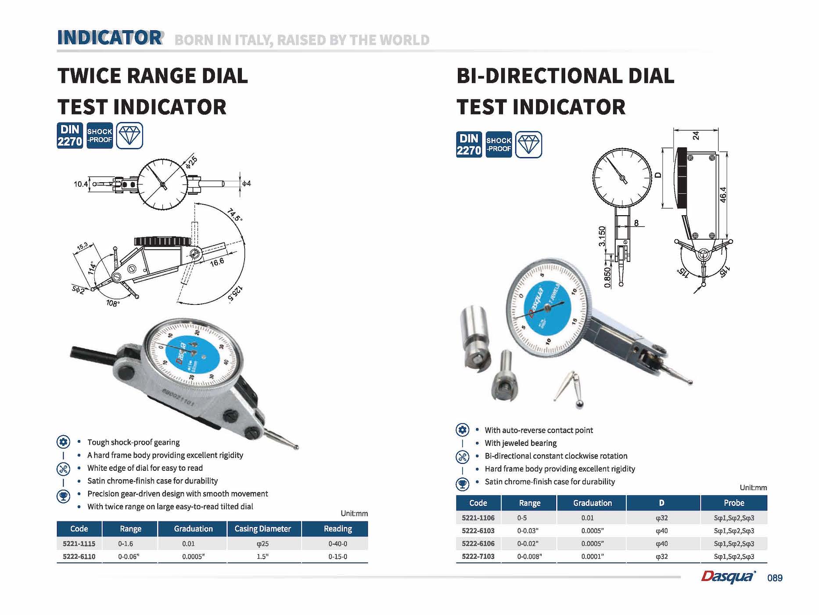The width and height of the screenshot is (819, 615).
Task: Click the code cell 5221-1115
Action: (79, 543)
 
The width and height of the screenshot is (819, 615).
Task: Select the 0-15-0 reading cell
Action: (338, 557)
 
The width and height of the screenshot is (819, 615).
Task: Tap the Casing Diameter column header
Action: (262, 529)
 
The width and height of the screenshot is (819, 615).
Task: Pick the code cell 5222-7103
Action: (478, 557)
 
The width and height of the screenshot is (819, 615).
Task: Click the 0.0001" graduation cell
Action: (592, 557)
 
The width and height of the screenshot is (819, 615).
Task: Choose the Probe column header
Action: (734, 503)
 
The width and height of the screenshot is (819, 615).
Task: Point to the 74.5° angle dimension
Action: (235, 215)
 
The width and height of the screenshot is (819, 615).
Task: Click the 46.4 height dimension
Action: (723, 195)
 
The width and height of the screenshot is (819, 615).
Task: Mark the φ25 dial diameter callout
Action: (191, 163)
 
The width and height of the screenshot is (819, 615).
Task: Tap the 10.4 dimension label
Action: (80, 184)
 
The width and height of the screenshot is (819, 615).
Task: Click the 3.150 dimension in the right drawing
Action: (602, 236)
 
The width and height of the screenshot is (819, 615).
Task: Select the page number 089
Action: (775, 578)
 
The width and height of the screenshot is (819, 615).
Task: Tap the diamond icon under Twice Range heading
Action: (129, 135)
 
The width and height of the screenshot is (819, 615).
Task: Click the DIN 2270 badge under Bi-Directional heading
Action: (469, 145)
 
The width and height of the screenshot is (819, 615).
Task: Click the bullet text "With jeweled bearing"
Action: (521, 443)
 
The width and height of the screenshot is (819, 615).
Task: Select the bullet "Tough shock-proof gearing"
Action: (133, 442)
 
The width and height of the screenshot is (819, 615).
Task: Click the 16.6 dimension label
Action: (217, 262)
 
